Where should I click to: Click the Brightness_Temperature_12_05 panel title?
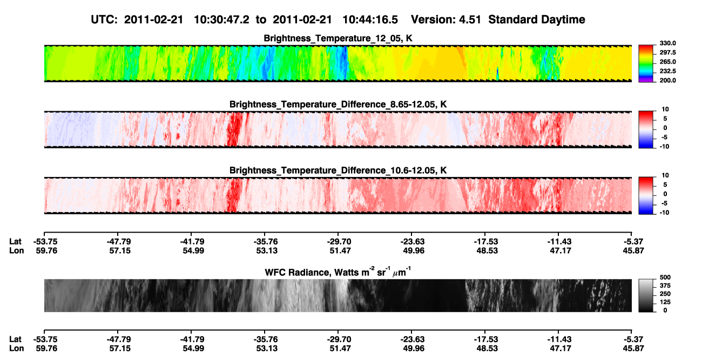pyautogui.click(x=338, y=38)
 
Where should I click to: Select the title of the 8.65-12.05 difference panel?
pyautogui.click(x=338, y=104)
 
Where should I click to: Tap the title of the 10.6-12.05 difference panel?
pyautogui.click(x=338, y=171)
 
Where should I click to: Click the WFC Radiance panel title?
pyautogui.click(x=338, y=271)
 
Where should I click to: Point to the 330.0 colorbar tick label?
pyautogui.click(x=667, y=43)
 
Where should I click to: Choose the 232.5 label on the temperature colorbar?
pyautogui.click(x=667, y=71)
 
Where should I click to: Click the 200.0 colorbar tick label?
pyautogui.click(x=667, y=80)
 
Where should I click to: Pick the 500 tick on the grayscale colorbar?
pyautogui.click(x=665, y=277)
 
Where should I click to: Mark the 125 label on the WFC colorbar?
pyautogui.click(x=665, y=302)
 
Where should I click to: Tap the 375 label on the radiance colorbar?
pyautogui.click(x=665, y=286)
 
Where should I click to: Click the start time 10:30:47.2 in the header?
pyautogui.click(x=221, y=20)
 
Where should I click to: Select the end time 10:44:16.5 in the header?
pyautogui.click(x=370, y=20)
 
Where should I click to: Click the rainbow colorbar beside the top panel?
pyautogui.click(x=646, y=64)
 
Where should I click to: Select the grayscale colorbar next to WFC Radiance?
pyautogui.click(x=646, y=295)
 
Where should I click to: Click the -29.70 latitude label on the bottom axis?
pyautogui.click(x=339, y=339)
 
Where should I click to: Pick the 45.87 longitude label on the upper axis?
pyautogui.click(x=633, y=251)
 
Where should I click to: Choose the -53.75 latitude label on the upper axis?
pyautogui.click(x=45, y=242)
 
